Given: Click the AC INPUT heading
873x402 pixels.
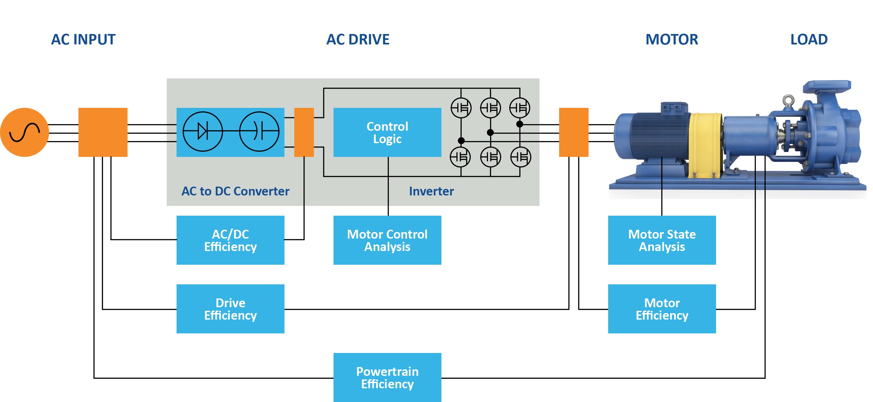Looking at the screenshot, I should pos(83,40).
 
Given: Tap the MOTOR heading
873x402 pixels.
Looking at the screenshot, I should pos(671,40).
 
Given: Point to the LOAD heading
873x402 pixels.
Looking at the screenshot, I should pos(809,40).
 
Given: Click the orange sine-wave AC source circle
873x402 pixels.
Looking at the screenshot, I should pos(25,132).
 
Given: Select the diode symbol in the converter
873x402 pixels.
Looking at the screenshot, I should pos(203,131).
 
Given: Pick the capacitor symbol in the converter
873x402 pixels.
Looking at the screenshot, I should pos(259,131).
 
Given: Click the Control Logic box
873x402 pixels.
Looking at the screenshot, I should pos(387,132).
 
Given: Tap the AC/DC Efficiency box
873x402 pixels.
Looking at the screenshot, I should pos(230,240).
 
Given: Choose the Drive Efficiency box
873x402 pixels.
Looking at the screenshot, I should pos(230,309).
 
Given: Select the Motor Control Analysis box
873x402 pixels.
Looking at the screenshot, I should pos(387,240).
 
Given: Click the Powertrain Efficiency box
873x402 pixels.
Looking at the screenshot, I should pos(387,377).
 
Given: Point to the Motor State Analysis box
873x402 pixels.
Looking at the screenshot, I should pos(661,240).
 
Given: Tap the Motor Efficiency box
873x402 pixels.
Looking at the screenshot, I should pos(661,309).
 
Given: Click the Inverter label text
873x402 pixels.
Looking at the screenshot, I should pos(431,191).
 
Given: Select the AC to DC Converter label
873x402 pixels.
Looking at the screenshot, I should pos(235,191).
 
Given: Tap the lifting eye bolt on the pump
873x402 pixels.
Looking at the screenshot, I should pos(788,100).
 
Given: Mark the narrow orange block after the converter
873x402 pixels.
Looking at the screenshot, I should pos(304,132).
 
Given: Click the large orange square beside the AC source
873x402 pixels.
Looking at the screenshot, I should pos(103,132).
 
